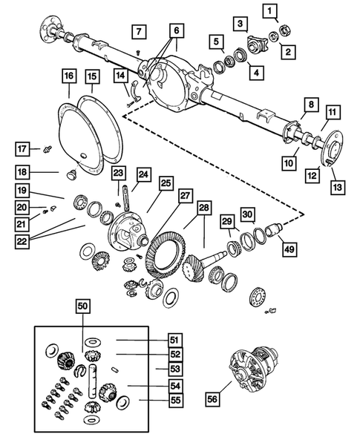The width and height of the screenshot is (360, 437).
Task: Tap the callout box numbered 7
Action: pyautogui.click(x=139, y=31)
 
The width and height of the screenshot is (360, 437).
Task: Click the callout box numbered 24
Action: pyautogui.click(x=142, y=175)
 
